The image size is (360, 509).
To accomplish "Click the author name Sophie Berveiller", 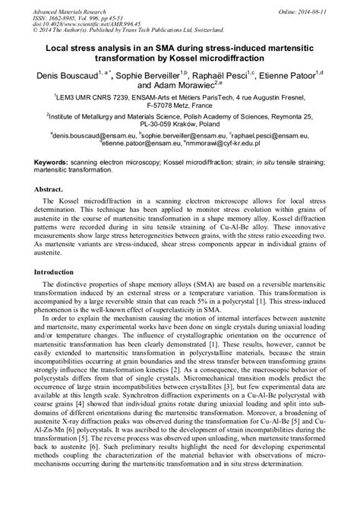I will point(149,76).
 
